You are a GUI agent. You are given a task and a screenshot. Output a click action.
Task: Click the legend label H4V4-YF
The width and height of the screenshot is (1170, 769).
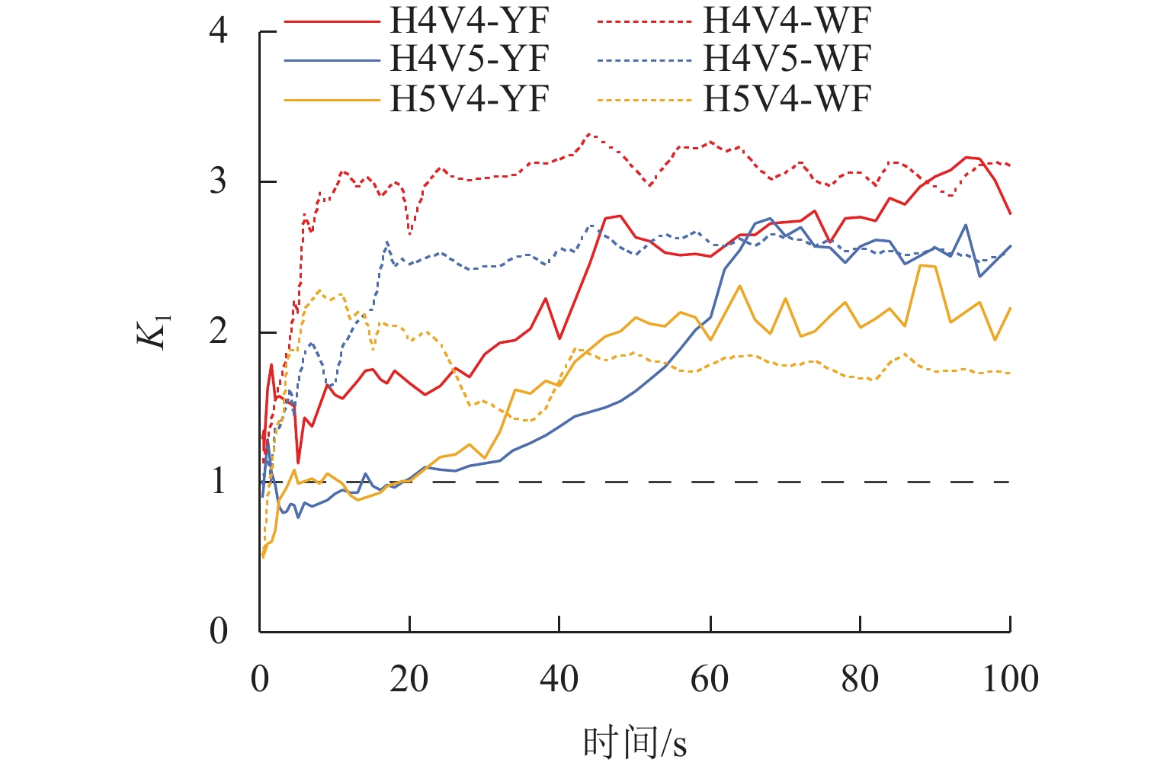[x=469, y=21]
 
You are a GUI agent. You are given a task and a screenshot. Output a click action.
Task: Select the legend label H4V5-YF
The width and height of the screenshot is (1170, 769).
[x=469, y=59]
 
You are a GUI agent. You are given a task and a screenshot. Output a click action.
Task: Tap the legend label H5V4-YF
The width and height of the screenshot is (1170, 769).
[x=469, y=99]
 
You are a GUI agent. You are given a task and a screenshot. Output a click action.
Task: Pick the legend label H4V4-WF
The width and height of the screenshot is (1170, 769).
[x=786, y=21]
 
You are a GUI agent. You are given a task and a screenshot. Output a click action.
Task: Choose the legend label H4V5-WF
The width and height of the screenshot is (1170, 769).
[x=786, y=59]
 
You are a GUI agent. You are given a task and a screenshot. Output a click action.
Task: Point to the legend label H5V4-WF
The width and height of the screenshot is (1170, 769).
[x=786, y=99]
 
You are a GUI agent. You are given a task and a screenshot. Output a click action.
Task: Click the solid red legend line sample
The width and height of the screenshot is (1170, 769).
[x=332, y=21]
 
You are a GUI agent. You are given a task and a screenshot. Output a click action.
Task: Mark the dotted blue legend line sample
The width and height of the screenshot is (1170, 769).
[x=645, y=59]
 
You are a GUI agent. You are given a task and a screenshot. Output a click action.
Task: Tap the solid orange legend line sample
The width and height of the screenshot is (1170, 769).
[x=332, y=99]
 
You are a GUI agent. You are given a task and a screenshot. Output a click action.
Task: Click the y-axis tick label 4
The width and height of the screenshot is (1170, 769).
[x=219, y=31]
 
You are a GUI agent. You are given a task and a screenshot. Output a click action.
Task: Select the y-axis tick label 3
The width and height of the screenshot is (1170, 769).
[x=219, y=181]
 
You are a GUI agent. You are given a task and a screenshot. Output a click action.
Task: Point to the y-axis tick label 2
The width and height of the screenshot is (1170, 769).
[x=219, y=332]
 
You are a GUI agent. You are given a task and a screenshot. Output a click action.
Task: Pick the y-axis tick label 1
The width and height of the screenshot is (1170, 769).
[x=219, y=482]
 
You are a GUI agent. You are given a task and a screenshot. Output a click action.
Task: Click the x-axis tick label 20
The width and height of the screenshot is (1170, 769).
[x=409, y=678]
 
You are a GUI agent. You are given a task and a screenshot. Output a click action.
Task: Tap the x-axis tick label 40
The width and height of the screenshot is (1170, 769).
[x=559, y=678]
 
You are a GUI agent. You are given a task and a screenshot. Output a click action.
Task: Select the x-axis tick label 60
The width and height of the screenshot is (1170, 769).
[x=710, y=678]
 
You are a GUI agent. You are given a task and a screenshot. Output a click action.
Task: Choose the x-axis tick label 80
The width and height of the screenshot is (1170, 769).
[x=860, y=678]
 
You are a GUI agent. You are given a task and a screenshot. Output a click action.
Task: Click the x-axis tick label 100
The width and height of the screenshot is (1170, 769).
[x=1010, y=678]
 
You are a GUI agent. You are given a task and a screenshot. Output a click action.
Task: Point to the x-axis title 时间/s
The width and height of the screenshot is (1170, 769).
[x=635, y=742]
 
